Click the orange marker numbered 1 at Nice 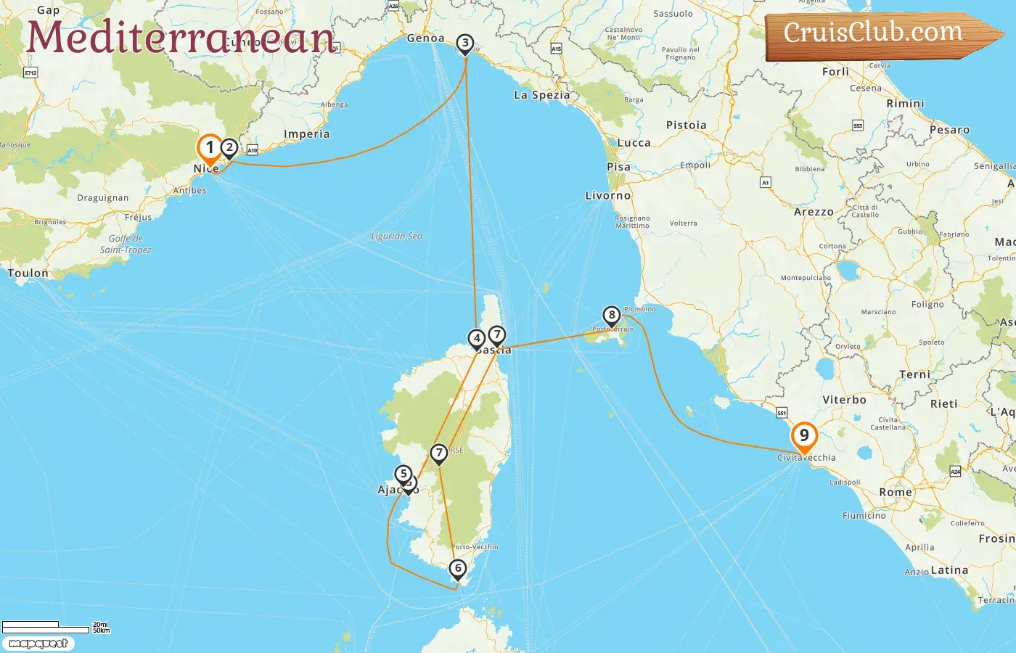tap(210, 148)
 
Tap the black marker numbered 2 tap(229, 148)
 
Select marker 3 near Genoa tap(465, 44)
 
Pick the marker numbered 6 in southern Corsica tap(457, 568)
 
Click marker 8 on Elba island tap(612, 315)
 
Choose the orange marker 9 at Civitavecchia tap(804, 436)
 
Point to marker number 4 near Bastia tap(477, 338)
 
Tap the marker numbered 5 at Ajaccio tap(403, 474)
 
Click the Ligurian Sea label tap(396, 237)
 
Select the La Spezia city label tap(541, 95)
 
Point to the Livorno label tap(608, 196)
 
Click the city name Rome tap(896, 492)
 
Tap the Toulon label tap(28, 274)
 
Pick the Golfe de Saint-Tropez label tap(126, 244)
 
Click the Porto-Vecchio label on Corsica tap(475, 547)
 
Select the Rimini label tap(905, 104)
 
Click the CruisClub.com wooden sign tap(874, 33)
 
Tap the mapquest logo tap(38, 644)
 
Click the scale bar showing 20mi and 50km tap(55, 626)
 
